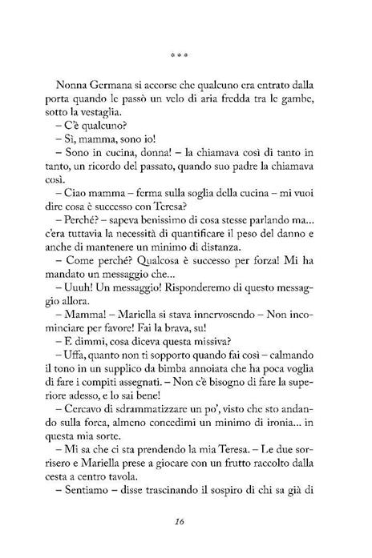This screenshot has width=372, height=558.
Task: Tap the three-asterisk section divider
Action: coord(185,57)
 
